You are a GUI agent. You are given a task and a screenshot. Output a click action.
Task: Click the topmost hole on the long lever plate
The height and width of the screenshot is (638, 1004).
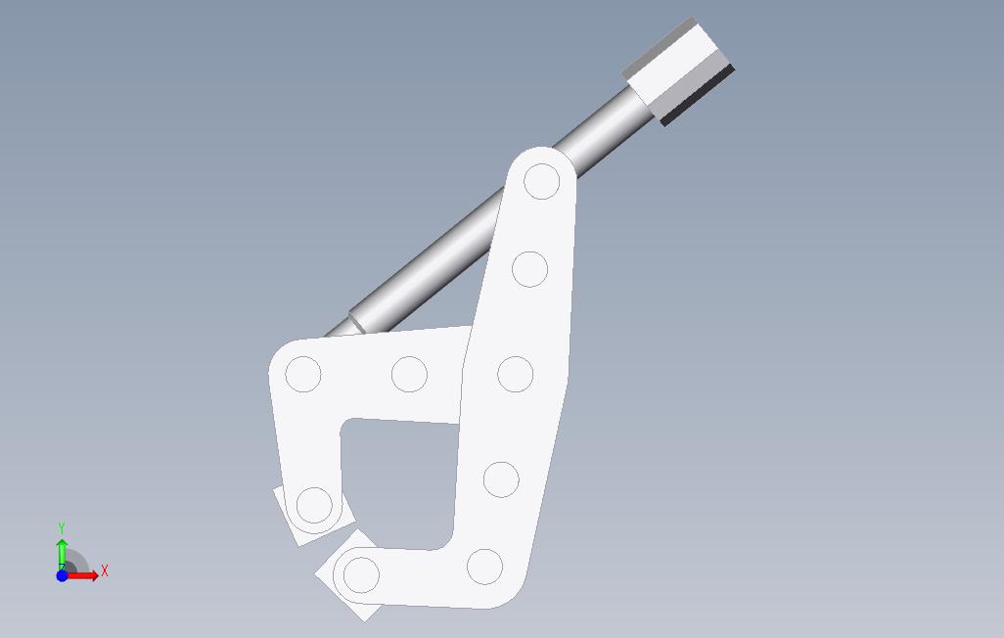tap(542, 181)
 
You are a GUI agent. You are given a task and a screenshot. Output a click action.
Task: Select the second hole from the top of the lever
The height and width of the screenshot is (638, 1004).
tap(529, 269)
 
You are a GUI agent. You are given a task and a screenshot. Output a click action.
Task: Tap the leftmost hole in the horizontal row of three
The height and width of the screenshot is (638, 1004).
tap(303, 374)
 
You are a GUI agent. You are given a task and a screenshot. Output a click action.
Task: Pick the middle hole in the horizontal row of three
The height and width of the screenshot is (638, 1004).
tap(409, 374)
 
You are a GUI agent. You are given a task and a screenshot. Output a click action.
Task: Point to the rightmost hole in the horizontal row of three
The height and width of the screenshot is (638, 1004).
tap(516, 374)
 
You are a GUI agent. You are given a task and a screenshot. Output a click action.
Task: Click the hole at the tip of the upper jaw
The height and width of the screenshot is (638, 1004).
tap(314, 505)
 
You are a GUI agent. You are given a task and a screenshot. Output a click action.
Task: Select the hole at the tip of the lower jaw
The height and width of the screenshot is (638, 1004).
tap(361, 574)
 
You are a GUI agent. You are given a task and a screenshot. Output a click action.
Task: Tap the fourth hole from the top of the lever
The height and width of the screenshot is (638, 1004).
tap(501, 479)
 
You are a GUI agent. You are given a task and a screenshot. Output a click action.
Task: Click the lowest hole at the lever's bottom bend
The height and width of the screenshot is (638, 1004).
tap(484, 567)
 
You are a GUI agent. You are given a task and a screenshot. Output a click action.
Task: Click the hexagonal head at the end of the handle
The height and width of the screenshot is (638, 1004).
tap(679, 71)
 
